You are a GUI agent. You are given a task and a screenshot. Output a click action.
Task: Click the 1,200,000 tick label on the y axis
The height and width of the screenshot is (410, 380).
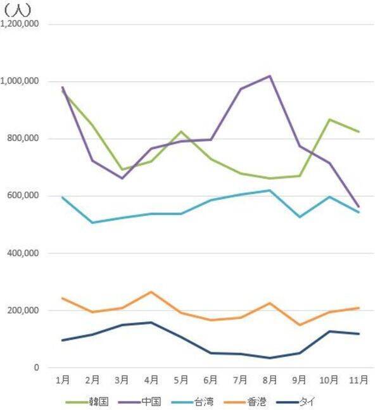22,24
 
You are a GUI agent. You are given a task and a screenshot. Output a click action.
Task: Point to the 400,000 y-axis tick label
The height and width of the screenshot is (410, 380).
25,253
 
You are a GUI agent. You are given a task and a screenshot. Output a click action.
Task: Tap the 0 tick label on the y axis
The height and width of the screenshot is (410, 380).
37,368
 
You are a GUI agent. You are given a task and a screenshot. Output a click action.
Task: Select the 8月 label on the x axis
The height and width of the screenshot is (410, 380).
270,380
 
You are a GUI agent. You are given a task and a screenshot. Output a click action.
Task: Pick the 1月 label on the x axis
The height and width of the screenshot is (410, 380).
63,380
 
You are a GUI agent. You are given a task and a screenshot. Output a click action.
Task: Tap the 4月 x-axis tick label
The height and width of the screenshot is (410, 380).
151,380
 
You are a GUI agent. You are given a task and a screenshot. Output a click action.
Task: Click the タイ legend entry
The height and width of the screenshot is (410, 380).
322,401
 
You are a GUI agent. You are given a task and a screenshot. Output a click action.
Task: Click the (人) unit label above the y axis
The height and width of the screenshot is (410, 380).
17,9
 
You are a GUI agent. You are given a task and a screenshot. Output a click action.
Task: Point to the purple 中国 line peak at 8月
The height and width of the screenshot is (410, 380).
270,76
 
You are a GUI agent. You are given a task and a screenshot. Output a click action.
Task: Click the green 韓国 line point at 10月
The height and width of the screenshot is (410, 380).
329,120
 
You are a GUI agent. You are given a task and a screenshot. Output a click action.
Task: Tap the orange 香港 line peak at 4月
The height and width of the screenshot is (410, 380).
151,292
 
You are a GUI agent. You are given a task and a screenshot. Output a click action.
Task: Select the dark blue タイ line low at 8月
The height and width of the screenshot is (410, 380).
270,358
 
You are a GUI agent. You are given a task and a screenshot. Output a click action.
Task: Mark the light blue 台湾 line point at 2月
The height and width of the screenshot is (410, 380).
92,223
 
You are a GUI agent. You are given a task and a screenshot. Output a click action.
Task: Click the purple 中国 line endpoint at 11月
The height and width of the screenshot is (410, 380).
359,207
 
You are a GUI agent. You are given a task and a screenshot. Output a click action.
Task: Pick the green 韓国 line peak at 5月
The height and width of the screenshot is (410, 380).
181,132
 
